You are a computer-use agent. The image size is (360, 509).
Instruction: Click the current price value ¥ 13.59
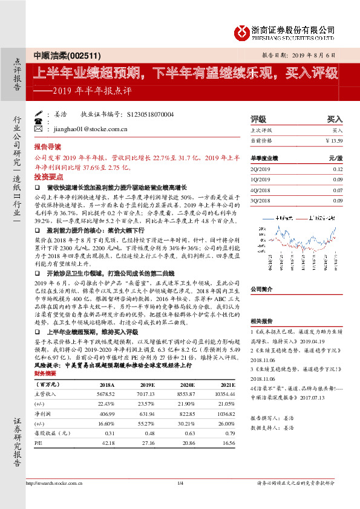point(334,140)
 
